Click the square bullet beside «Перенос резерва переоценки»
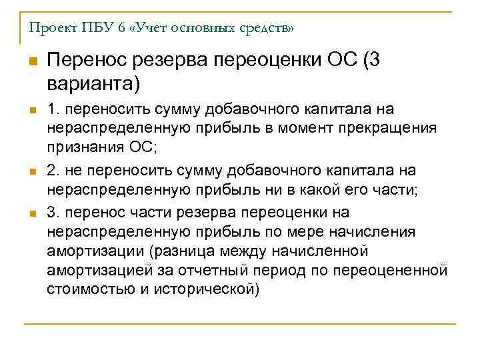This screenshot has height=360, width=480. pos(31,62)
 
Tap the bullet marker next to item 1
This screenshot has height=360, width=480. pos(31,110)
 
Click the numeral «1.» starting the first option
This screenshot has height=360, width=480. pos(52,109)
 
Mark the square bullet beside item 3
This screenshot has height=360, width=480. pos(31,214)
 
